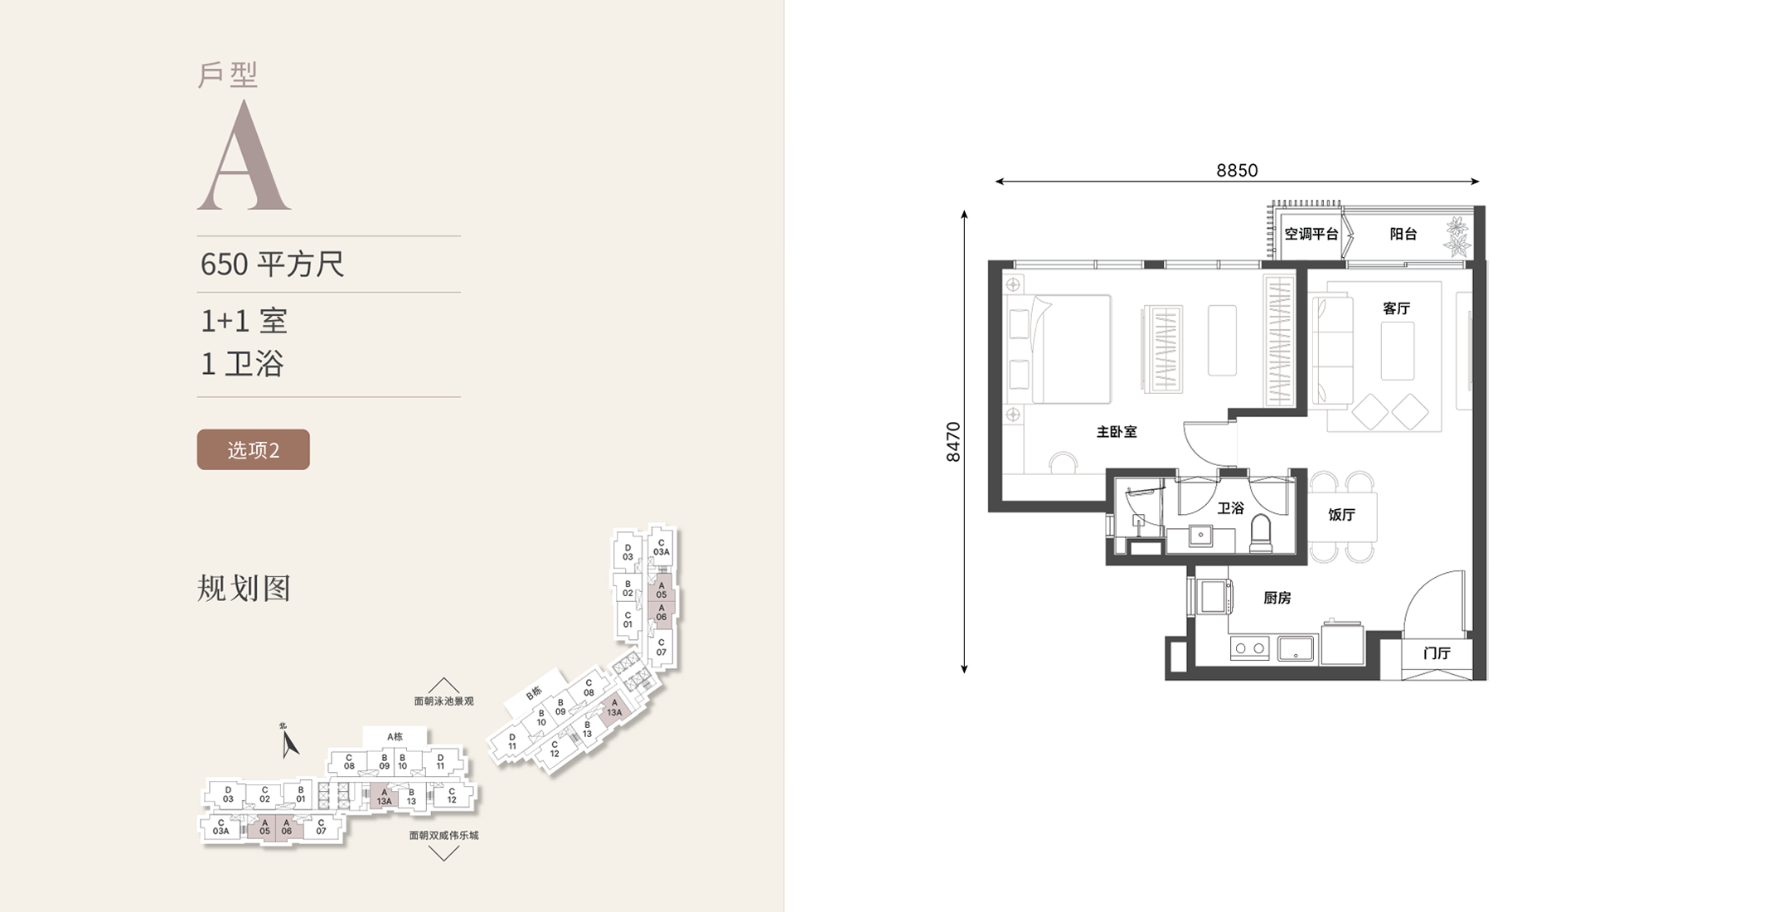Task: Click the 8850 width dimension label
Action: click(1237, 170)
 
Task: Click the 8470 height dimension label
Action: click(953, 442)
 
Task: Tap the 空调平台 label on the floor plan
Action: click(1311, 234)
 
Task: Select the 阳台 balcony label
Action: click(1403, 234)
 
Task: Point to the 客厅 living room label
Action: click(1397, 308)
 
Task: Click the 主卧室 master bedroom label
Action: click(1117, 432)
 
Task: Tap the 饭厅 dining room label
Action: click(1341, 515)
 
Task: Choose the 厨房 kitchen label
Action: click(1277, 598)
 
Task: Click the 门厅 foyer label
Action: click(1437, 653)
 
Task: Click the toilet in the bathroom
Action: click(1260, 533)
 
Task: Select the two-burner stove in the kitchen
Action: click(1249, 648)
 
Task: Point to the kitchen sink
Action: click(1296, 648)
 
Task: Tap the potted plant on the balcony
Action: click(1457, 236)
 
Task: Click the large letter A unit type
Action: click(244, 155)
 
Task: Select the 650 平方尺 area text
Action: click(272, 264)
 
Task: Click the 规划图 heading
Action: click(244, 588)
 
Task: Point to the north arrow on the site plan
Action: click(288, 742)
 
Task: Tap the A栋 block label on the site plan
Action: click(395, 736)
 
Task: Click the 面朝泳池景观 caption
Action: click(443, 701)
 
